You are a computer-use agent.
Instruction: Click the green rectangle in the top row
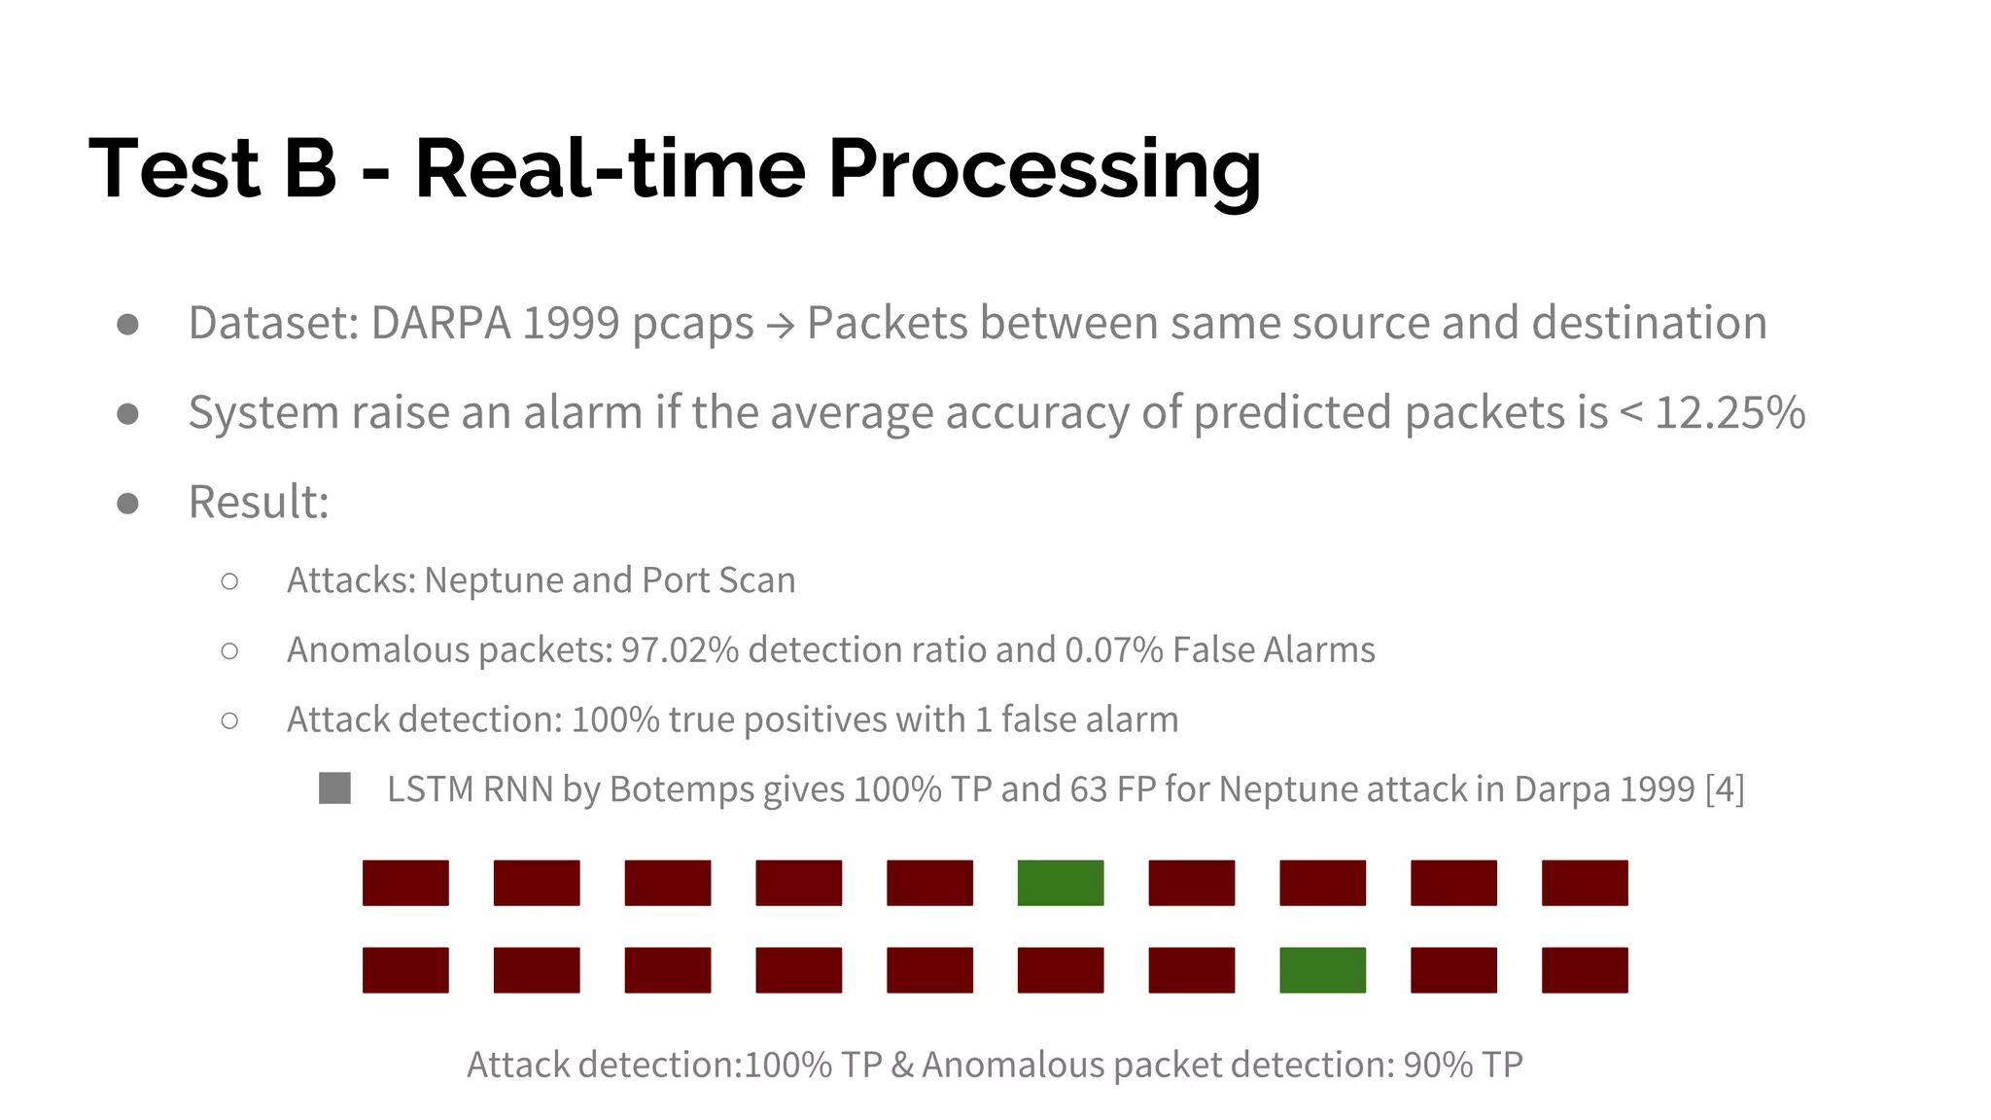pos(1060,883)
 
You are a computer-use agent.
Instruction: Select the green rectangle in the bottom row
pos(1322,970)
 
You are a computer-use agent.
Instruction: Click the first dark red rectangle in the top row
pos(405,883)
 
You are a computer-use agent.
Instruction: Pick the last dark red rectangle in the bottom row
pos(1585,970)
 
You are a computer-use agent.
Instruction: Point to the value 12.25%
pos(1729,412)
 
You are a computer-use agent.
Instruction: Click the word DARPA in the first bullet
pos(440,323)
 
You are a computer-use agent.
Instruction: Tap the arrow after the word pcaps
pos(780,325)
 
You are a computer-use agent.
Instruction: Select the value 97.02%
pos(680,649)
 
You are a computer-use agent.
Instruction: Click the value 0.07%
pos(1114,649)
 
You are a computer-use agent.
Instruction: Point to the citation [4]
pos(1725,788)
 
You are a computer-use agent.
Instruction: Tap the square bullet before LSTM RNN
pos(334,788)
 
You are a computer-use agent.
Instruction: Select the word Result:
pos(259,502)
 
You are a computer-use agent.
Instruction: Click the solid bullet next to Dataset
pos(127,324)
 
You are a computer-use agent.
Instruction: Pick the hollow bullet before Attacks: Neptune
pos(229,581)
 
